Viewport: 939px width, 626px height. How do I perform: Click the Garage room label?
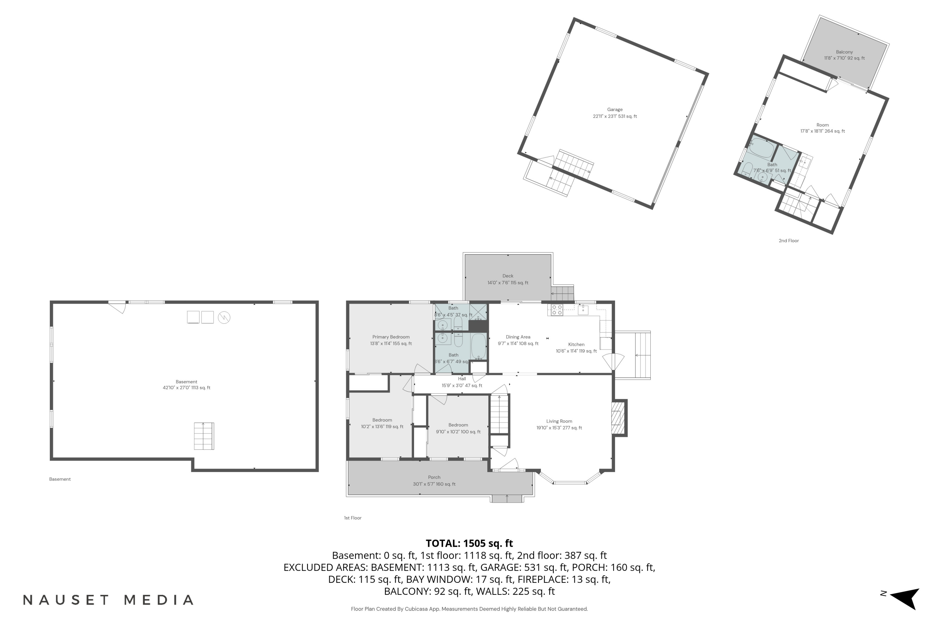[x=615, y=109]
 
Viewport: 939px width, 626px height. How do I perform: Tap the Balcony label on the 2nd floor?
[x=844, y=52]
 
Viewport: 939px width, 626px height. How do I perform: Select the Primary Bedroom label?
[x=391, y=337]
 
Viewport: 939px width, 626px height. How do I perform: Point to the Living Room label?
[x=559, y=421]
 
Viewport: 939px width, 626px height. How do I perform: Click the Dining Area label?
[x=518, y=337]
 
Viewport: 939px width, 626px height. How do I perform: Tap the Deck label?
[x=508, y=276]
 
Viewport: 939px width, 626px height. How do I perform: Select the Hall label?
[x=462, y=379]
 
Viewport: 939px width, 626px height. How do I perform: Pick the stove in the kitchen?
[x=557, y=310]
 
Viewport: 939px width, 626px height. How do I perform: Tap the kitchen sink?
[x=583, y=310]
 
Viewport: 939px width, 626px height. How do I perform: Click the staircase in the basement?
[x=204, y=436]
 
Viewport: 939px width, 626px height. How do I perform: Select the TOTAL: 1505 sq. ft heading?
[x=469, y=543]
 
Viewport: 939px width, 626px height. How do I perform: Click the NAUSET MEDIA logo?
[x=108, y=600]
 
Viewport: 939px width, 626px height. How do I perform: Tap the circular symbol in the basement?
[x=224, y=318]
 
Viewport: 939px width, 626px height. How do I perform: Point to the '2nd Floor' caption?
[x=788, y=241]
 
